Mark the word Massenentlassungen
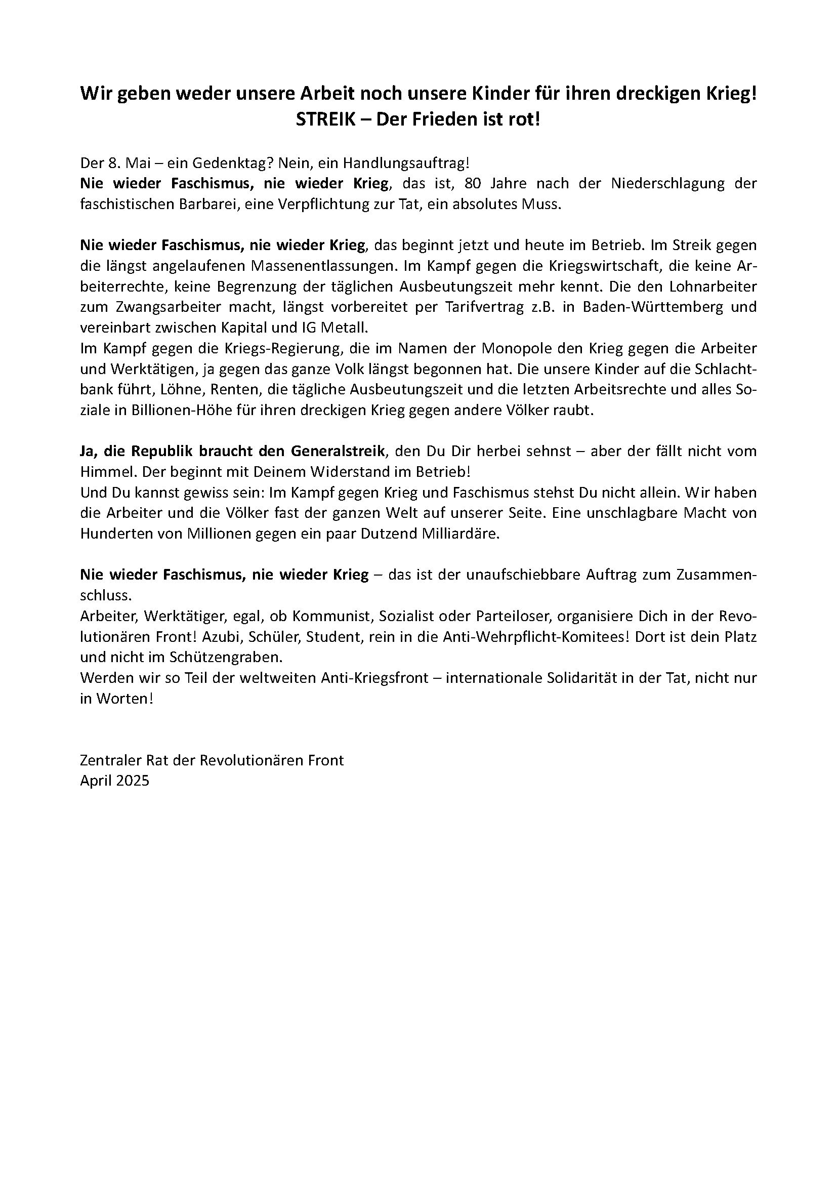(324, 266)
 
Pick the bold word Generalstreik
(338, 451)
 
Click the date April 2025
(114, 781)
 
